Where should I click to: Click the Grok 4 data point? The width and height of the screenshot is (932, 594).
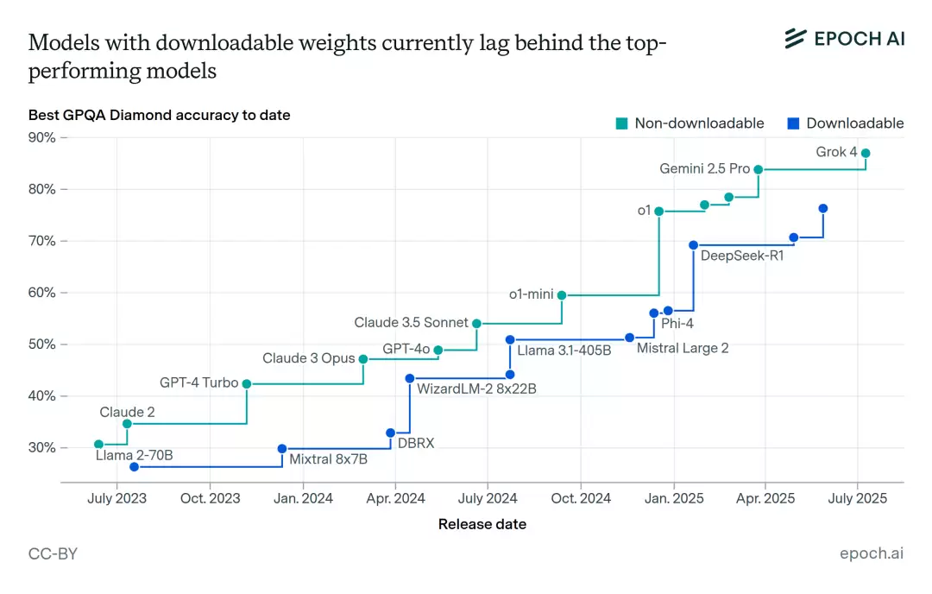(866, 153)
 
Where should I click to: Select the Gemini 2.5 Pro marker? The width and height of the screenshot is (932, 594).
(759, 169)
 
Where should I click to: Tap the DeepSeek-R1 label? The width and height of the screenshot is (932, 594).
(742, 256)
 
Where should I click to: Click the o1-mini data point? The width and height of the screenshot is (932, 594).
(562, 295)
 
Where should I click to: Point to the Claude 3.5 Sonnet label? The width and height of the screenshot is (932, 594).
(412, 323)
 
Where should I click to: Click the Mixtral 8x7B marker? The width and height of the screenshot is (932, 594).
(282, 448)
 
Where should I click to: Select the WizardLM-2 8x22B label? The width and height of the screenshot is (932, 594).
(476, 389)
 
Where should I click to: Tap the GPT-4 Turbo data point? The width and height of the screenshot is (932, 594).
(247, 383)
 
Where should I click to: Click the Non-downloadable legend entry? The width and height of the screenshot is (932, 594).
(690, 123)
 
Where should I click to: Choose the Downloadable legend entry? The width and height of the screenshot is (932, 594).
(846, 123)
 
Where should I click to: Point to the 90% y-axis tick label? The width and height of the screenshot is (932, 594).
(42, 138)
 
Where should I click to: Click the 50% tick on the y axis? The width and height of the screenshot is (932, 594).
(42, 344)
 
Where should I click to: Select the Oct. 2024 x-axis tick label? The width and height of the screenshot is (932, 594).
(581, 498)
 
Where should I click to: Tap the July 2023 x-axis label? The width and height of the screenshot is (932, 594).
(116, 498)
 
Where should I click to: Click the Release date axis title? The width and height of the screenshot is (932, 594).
(482, 524)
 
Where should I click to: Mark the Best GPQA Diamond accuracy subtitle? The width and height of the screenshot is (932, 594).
(159, 115)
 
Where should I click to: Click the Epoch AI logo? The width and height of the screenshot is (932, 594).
(844, 38)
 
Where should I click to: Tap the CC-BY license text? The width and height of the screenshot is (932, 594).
(53, 554)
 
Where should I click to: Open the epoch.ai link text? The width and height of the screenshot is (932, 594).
(872, 554)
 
